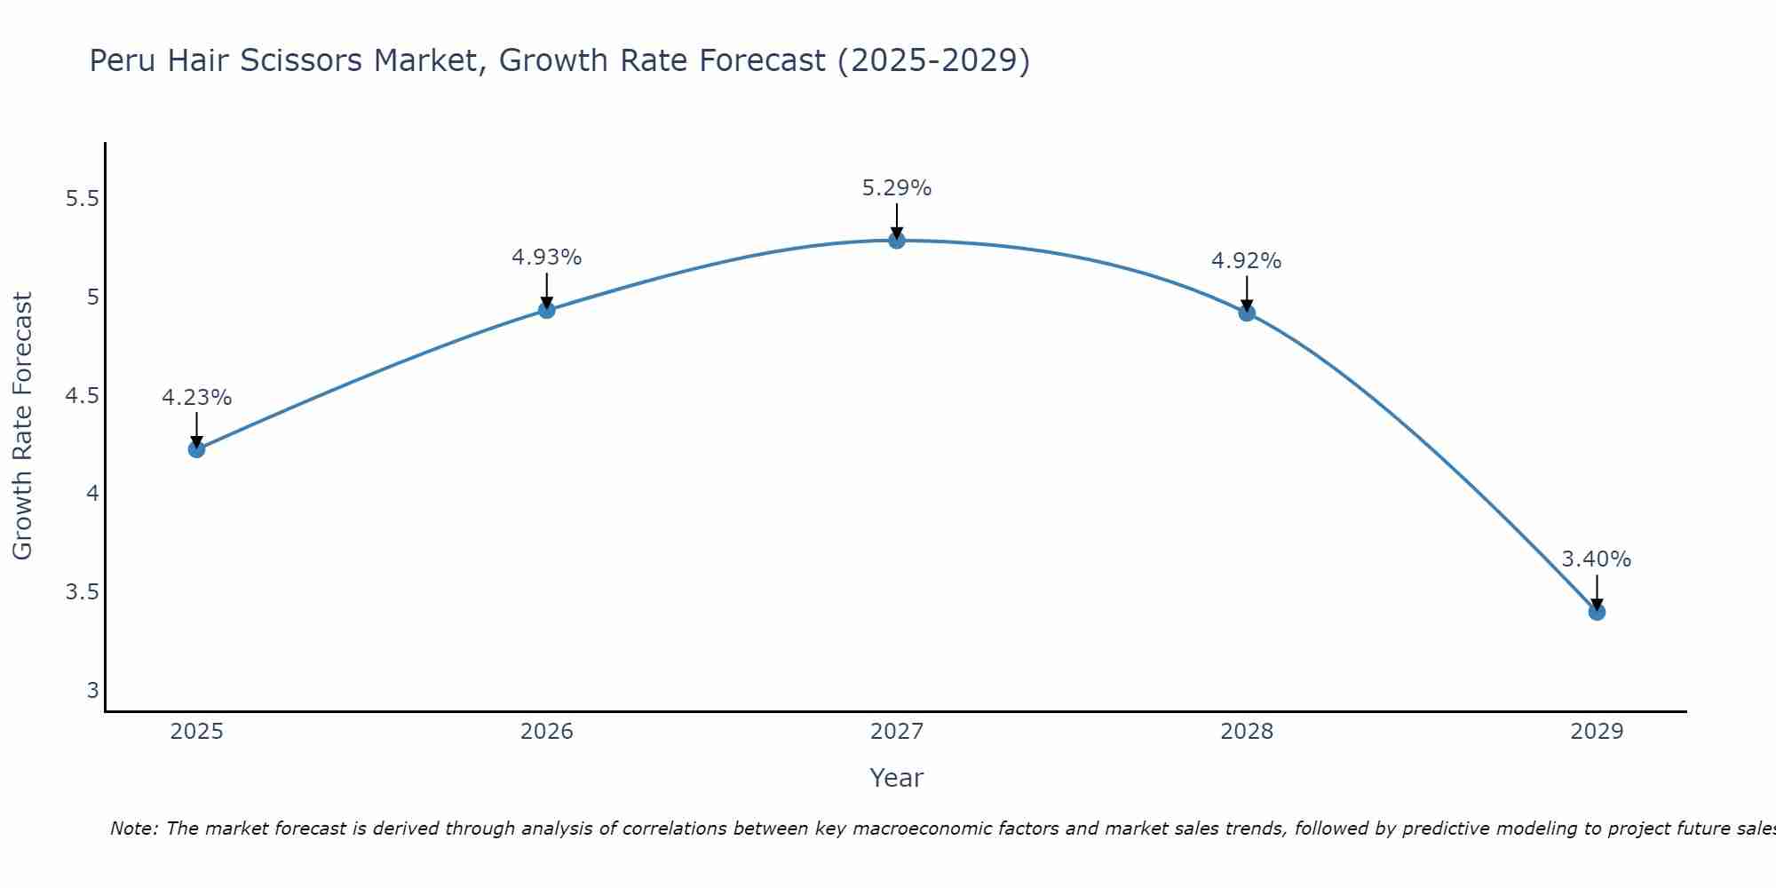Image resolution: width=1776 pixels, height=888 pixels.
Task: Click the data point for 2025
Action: pos(196,449)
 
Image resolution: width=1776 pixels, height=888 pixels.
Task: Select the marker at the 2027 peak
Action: pos(897,240)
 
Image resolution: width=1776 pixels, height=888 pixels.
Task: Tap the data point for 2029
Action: pos(1597,612)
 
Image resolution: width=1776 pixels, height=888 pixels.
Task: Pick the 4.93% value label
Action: pos(546,258)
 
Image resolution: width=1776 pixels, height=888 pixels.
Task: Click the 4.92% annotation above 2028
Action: pos(1246,261)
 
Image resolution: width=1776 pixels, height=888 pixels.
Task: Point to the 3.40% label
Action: pos(1596,559)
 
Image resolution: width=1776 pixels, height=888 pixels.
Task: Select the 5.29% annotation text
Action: pos(897,188)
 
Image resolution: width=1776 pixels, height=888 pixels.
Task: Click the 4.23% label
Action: pos(196,398)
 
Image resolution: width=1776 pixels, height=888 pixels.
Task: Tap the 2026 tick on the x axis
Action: pos(546,732)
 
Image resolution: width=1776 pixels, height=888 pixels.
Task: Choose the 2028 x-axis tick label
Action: pos(1246,732)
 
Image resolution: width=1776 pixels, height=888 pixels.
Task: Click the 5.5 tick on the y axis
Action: pos(82,199)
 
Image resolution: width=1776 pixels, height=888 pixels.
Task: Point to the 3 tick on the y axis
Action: pos(92,691)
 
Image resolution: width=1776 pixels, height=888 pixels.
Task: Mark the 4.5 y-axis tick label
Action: pos(82,396)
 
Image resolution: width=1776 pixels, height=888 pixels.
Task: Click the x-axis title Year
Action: pos(897,778)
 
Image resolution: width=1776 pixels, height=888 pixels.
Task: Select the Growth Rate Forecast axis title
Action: pos(22,426)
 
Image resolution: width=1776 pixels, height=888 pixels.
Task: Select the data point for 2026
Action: pos(546,310)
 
